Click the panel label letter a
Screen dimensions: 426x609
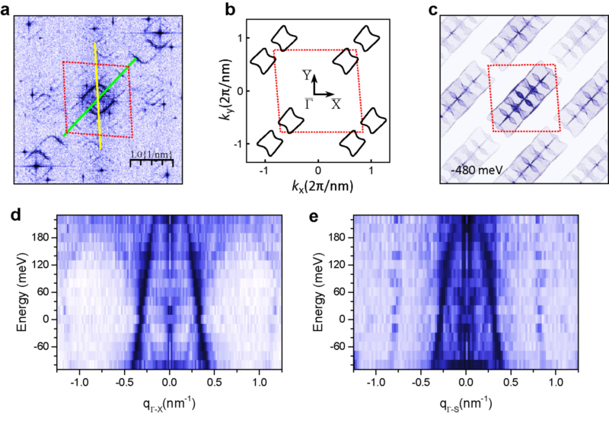click(x=7, y=10)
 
